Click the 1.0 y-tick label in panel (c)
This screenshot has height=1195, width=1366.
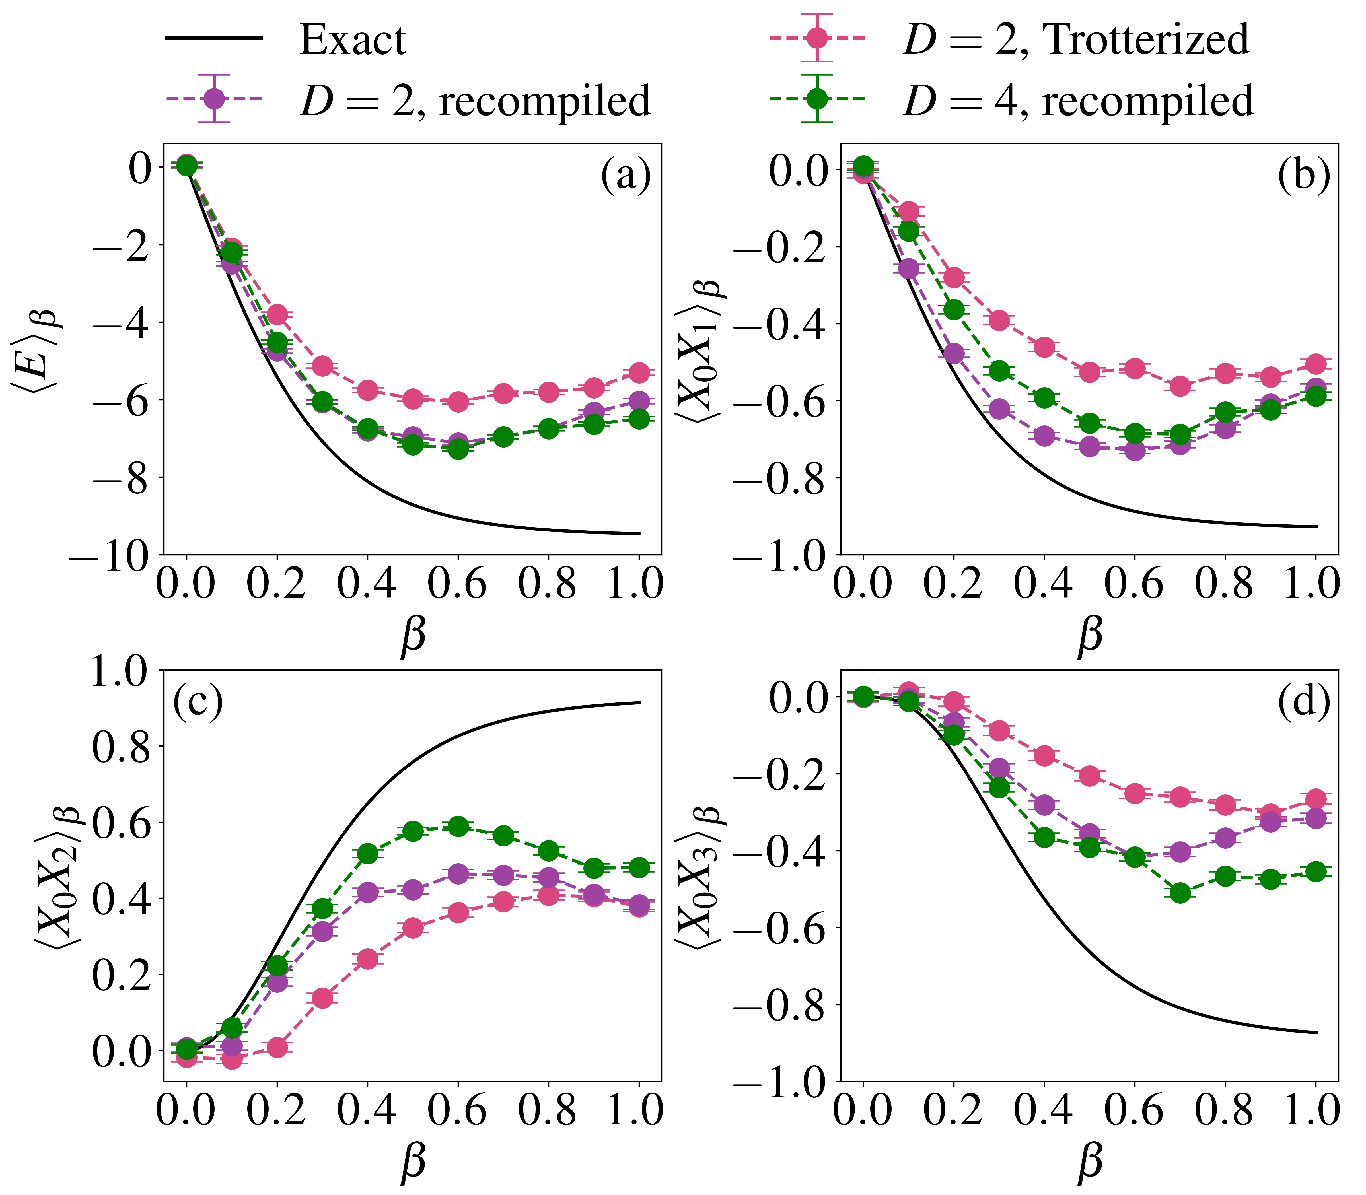coord(120,671)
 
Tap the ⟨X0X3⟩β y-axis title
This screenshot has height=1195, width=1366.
coord(708,873)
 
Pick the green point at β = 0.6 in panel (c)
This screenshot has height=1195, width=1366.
coord(458,826)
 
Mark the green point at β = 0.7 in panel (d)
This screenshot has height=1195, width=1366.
coord(1180,893)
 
